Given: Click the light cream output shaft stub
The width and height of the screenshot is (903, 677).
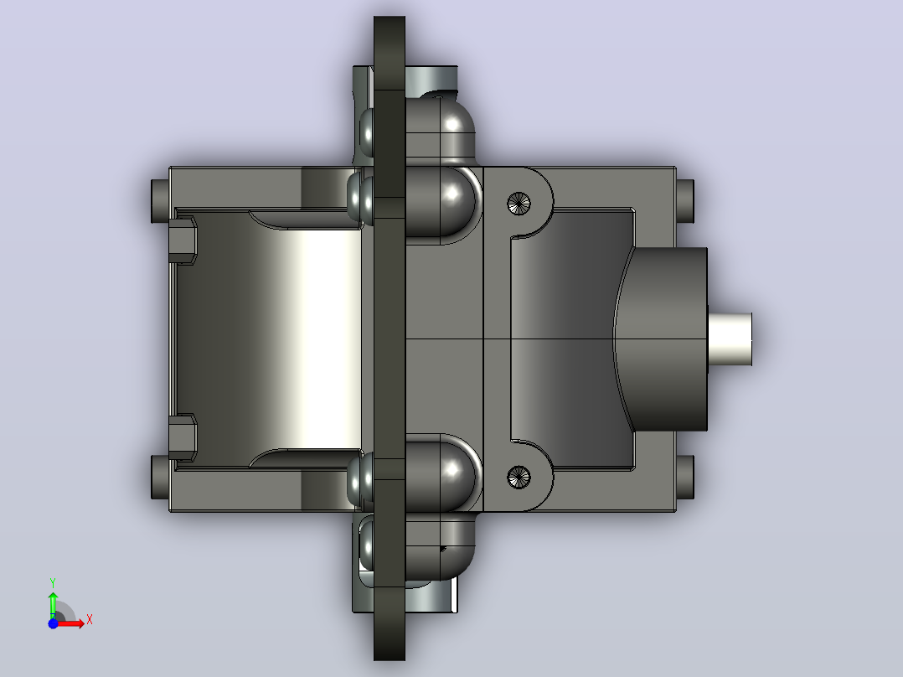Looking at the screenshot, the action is (730, 338).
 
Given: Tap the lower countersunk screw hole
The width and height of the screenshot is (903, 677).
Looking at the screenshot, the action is (519, 477).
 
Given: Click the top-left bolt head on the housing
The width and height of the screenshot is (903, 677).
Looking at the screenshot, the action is (160, 201).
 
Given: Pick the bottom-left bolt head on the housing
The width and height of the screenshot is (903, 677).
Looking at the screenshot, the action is (160, 477).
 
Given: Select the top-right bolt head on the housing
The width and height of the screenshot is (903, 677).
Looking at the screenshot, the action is (684, 201).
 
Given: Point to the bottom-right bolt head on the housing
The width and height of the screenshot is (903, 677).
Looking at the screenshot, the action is (684, 477).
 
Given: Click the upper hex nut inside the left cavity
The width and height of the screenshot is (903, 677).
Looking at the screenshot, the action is (183, 240).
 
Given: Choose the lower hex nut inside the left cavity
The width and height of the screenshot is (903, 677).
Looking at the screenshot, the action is (183, 437).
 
